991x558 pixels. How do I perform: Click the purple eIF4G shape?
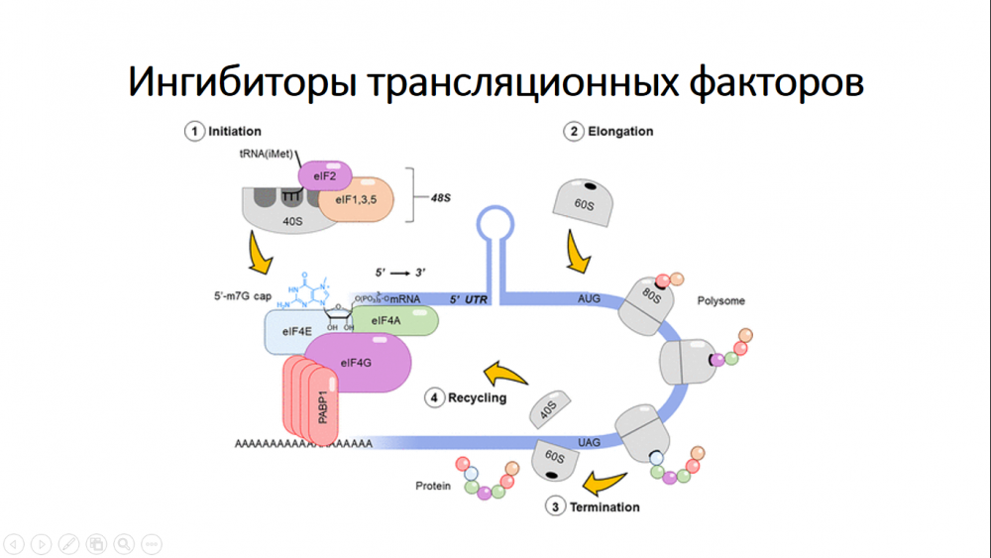click(x=357, y=363)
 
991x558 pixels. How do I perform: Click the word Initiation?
click(x=235, y=131)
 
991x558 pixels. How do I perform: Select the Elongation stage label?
click(x=620, y=131)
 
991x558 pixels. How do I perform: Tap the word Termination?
click(x=605, y=506)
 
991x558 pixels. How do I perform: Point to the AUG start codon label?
click(x=589, y=297)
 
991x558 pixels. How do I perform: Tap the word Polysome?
click(x=721, y=300)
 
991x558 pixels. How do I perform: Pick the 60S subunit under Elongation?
click(x=585, y=202)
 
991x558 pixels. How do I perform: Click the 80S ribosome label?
click(x=649, y=294)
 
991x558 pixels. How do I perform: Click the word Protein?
click(x=433, y=487)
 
